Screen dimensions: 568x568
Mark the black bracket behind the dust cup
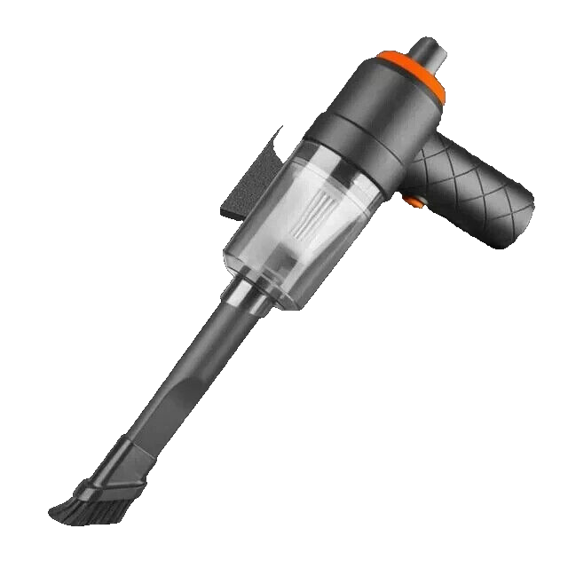244,186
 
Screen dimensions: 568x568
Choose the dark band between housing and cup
346,151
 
